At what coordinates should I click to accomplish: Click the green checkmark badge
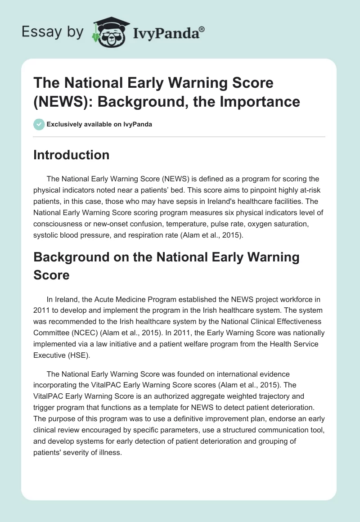[39, 124]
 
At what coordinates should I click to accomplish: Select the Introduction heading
[72, 155]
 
